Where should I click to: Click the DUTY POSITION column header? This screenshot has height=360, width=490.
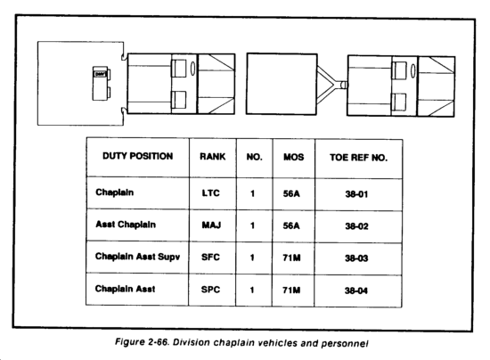[138, 156]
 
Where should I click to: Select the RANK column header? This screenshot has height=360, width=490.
[213, 156]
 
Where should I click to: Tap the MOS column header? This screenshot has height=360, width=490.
[293, 157]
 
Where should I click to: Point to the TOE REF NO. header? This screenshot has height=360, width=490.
[358, 158]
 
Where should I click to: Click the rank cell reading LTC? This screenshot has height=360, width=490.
[210, 193]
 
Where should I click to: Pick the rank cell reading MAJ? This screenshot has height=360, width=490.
[211, 225]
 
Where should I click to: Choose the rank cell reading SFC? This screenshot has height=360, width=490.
[210, 258]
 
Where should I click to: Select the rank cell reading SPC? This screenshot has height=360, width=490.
[210, 290]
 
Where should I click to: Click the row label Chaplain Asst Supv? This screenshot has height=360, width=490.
[137, 257]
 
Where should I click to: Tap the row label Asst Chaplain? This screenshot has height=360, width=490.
[126, 225]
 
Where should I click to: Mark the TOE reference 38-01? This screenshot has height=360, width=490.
[356, 194]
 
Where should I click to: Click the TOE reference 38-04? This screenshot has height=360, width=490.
[356, 290]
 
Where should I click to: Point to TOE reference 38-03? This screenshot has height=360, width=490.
[356, 258]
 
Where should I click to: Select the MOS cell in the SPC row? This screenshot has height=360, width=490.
[291, 290]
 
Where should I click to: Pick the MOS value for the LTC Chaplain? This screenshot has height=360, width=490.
[291, 193]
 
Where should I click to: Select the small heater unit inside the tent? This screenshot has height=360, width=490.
[102, 83]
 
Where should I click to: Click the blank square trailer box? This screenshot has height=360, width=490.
[282, 84]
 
